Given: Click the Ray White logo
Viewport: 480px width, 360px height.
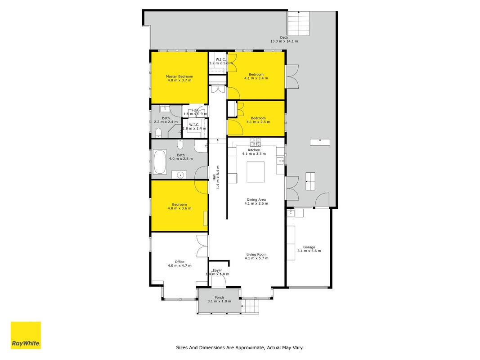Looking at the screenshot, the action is [x=26, y=335].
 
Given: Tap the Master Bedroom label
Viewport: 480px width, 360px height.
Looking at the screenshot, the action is [x=179, y=76].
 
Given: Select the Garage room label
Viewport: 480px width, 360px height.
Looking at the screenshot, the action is [x=309, y=247].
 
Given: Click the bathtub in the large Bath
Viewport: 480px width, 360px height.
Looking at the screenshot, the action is [x=160, y=162].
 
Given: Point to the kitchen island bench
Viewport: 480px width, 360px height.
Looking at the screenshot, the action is [x=256, y=172].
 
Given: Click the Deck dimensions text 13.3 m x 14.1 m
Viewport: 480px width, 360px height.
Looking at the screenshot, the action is [x=284, y=41].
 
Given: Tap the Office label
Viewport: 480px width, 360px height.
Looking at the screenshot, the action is [x=179, y=262].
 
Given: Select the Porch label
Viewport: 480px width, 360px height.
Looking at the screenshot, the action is [x=219, y=297].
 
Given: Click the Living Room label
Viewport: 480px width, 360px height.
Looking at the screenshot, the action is [x=256, y=254].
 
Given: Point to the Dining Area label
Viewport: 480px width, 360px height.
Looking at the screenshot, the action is [x=256, y=200].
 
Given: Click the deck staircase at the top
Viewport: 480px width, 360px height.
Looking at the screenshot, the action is [x=298, y=23].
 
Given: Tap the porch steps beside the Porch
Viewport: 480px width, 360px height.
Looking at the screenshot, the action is [x=250, y=306].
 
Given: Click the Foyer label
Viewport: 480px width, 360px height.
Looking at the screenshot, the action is [x=217, y=270].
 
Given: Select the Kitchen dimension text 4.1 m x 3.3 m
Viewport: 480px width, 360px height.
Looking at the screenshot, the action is [x=254, y=153].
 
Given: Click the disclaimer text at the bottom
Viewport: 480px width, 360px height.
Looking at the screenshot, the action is [x=240, y=347].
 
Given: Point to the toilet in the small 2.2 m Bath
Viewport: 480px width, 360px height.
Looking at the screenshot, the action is [x=158, y=133].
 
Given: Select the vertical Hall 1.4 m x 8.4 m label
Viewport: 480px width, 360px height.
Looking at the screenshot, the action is [x=216, y=178].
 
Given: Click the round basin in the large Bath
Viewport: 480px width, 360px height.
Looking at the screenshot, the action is [x=181, y=175].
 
